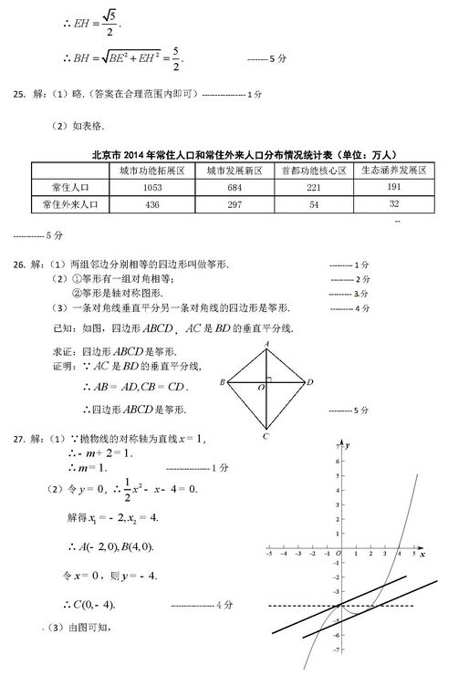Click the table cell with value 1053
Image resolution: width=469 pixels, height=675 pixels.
(x=152, y=187)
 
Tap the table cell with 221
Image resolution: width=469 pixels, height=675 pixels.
(x=313, y=187)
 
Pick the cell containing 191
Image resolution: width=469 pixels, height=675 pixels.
(x=394, y=187)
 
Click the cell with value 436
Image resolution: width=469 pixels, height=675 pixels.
(x=152, y=205)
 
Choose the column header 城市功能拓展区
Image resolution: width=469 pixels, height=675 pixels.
(x=152, y=171)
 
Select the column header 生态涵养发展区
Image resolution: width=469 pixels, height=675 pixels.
(x=394, y=171)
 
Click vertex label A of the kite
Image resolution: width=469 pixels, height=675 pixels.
(x=266, y=344)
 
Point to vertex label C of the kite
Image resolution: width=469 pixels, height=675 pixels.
(x=266, y=437)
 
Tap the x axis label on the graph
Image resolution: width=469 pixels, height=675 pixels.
(x=422, y=556)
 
